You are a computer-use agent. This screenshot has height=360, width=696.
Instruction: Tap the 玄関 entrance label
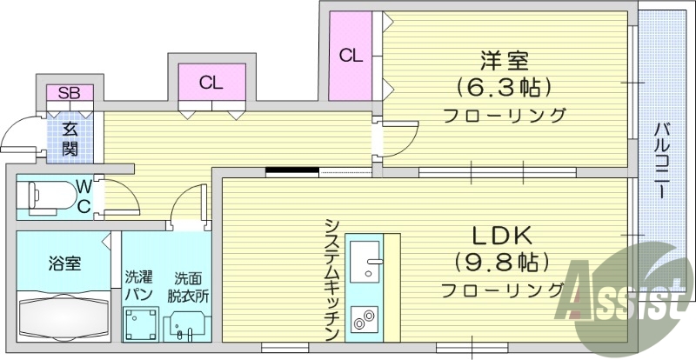pyautogui.click(x=69, y=138)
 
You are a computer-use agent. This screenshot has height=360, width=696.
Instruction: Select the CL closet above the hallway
pyautogui.click(x=211, y=83)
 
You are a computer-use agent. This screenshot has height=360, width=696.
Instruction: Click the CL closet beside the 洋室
pyautogui.click(x=351, y=57)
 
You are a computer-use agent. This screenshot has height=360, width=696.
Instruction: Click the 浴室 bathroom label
pyautogui.click(x=64, y=263)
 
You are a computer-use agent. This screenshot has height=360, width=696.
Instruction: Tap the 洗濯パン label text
pyautogui.click(x=138, y=285)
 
